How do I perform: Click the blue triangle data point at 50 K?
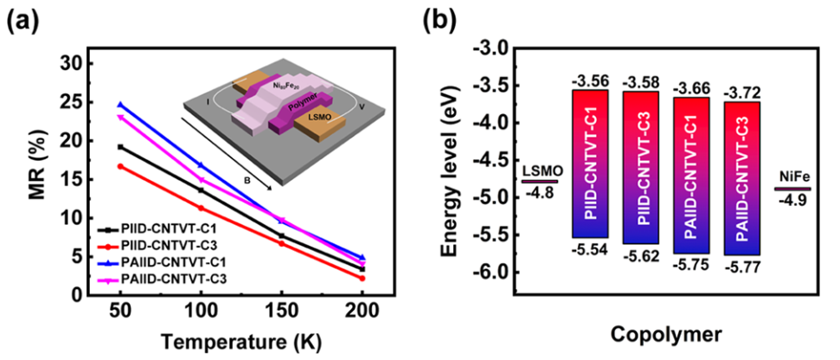click(120, 105)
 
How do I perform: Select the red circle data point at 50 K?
click(120, 166)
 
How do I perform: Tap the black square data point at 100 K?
click(201, 190)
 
